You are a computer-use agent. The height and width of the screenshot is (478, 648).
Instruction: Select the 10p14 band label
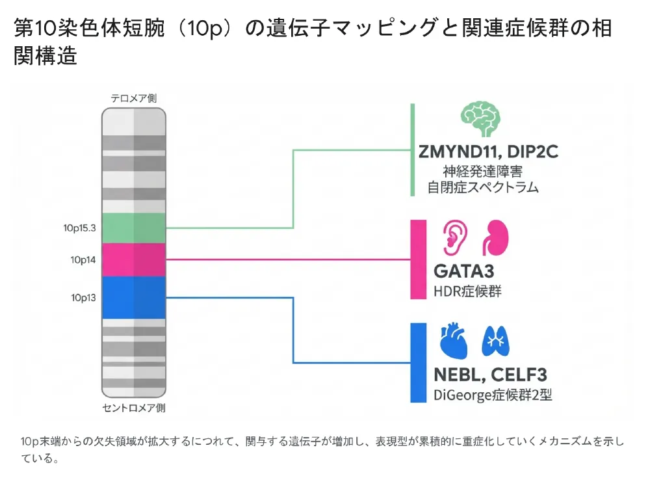83,260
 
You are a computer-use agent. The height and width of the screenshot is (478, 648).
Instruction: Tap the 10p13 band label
83,298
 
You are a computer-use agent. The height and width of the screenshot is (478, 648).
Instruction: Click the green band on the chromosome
134,228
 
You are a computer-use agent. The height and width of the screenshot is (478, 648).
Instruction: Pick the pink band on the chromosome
134,259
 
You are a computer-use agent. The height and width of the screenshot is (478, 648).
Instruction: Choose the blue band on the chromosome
134,297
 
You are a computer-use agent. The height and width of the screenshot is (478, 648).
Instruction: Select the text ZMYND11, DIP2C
488,152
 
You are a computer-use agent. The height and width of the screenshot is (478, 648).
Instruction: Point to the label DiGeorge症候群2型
492,395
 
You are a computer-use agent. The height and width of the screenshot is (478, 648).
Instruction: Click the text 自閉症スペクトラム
483,187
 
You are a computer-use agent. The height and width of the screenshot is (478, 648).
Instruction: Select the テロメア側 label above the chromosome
134,98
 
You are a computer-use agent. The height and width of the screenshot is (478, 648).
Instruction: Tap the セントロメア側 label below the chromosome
134,408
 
